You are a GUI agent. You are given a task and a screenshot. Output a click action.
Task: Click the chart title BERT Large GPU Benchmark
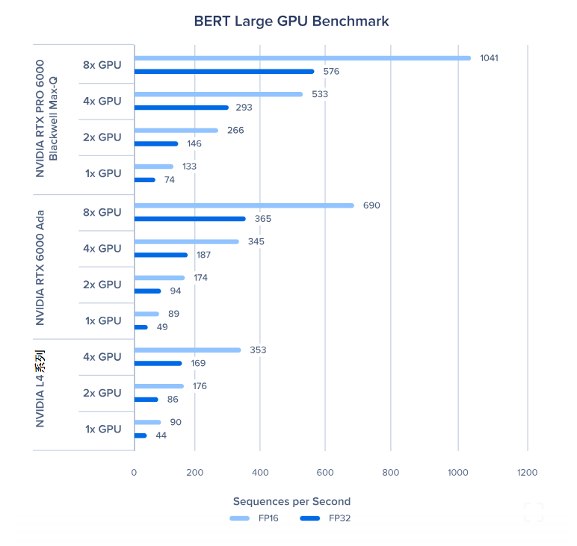[x=291, y=21]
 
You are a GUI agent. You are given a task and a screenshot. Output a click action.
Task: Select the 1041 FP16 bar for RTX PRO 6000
[x=303, y=58]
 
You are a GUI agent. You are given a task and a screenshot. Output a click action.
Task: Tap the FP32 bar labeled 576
[x=224, y=72]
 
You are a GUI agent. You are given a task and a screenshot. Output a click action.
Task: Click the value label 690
[x=371, y=205]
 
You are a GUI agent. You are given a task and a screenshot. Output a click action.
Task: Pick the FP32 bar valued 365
[x=190, y=219]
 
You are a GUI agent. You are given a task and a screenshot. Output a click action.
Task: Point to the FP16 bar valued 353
[x=188, y=350]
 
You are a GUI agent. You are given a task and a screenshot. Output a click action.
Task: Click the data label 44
[x=161, y=435]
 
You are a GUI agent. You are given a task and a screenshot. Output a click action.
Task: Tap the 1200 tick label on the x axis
[x=527, y=472]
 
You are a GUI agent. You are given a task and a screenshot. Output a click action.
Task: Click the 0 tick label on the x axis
[x=134, y=472]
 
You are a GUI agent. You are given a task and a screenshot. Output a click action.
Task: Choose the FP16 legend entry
[x=254, y=518]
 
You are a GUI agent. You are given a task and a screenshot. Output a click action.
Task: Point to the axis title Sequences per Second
[x=291, y=501]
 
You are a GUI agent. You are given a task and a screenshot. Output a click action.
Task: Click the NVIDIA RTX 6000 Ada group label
[x=40, y=267]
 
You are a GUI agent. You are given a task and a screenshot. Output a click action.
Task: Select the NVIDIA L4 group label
[x=40, y=393]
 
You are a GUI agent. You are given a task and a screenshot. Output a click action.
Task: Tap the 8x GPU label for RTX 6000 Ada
[x=102, y=212]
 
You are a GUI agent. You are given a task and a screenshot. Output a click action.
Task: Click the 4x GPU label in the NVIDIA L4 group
[x=102, y=357]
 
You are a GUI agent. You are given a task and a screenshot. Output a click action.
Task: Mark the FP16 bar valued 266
[x=176, y=130]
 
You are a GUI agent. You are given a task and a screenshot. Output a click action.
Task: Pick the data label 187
[x=203, y=255]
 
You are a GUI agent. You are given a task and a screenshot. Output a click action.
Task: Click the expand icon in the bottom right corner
[x=533, y=512]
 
